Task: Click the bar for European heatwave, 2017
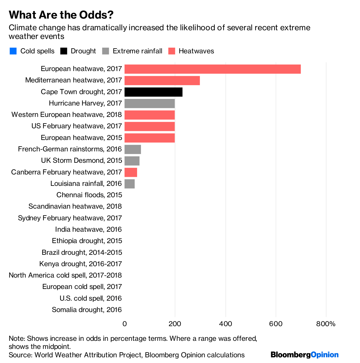point(212,69)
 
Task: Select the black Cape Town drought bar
point(153,92)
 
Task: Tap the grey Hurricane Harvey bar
point(149,103)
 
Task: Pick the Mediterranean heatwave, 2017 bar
point(162,80)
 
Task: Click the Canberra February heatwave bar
point(131,172)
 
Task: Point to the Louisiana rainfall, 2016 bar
point(130,184)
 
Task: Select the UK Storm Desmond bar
point(132,161)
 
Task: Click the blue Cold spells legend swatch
point(13,51)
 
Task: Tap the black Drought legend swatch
point(64,51)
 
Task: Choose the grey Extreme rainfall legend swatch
point(106,51)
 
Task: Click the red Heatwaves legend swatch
point(172,51)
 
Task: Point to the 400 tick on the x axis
point(225,324)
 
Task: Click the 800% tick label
point(326,324)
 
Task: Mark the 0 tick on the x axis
point(124,324)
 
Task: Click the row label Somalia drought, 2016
point(87,310)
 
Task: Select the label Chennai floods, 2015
point(89,195)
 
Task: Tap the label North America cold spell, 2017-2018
point(65,275)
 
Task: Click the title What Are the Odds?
point(61,15)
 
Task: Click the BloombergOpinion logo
point(304,355)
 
